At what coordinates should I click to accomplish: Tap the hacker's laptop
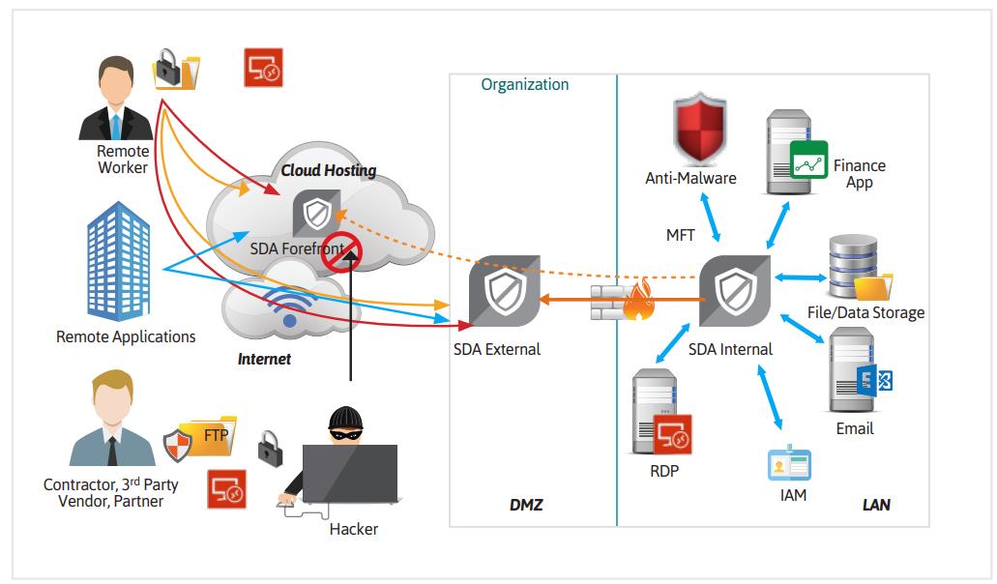[x=349, y=473]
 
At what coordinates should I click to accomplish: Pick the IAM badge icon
[x=788, y=465]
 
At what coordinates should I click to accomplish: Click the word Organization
[x=525, y=85]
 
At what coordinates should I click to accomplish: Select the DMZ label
[x=526, y=505]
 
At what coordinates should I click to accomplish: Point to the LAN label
[x=876, y=505]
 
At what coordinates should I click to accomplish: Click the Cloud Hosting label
[x=329, y=171]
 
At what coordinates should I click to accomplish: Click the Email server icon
[x=850, y=372]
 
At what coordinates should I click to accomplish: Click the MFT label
[x=681, y=235]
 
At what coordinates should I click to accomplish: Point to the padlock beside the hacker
[x=270, y=447]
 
